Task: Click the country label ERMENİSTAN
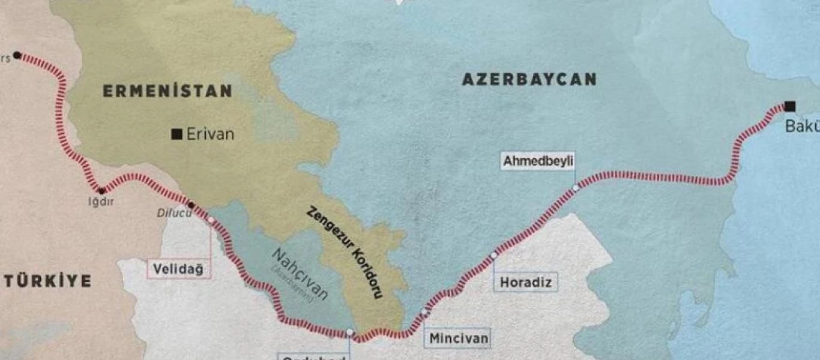point(167,91)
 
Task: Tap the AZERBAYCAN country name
point(529,79)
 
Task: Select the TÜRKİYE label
point(47,281)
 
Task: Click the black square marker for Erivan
point(176,134)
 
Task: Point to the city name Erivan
point(210,134)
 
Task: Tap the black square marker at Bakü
point(790,107)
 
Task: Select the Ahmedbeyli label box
point(538,161)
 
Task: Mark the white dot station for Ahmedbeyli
point(576,188)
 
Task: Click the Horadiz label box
point(525,282)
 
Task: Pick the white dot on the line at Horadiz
point(493,256)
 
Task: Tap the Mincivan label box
point(459,338)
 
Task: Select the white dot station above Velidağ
point(211,220)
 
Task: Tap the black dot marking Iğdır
point(101,191)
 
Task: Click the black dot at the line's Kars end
point(17,55)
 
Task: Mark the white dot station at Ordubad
point(350,332)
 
